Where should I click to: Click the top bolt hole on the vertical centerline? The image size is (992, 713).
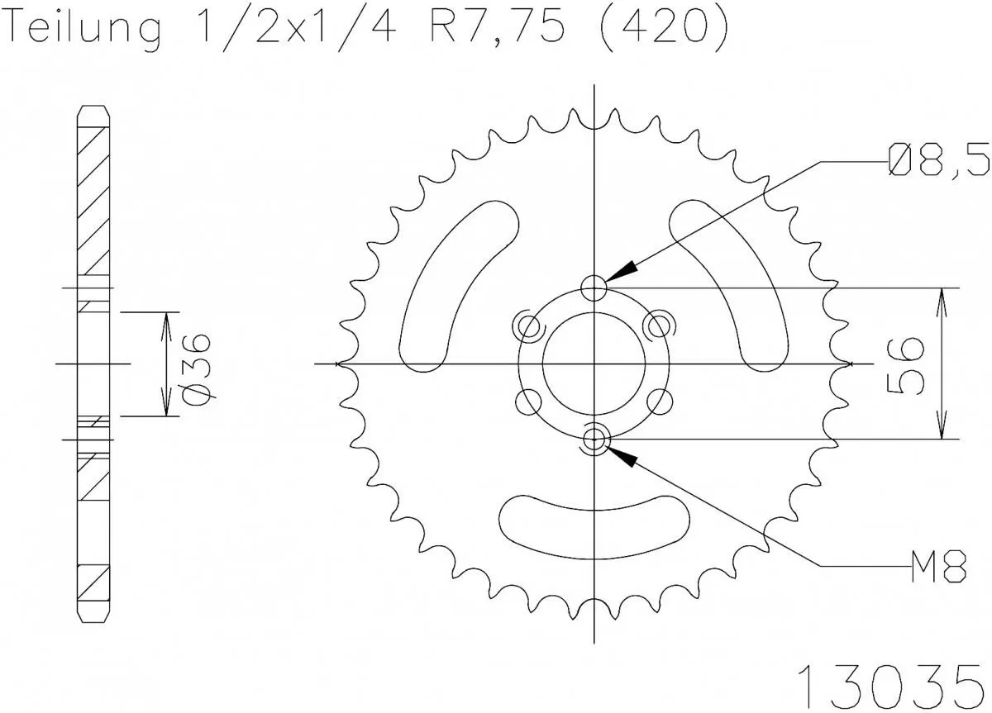click(x=594, y=288)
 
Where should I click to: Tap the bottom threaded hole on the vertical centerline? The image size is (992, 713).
click(x=594, y=440)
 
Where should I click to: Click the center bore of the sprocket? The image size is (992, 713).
click(x=594, y=364)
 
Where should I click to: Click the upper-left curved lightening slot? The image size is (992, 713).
click(x=455, y=289)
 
